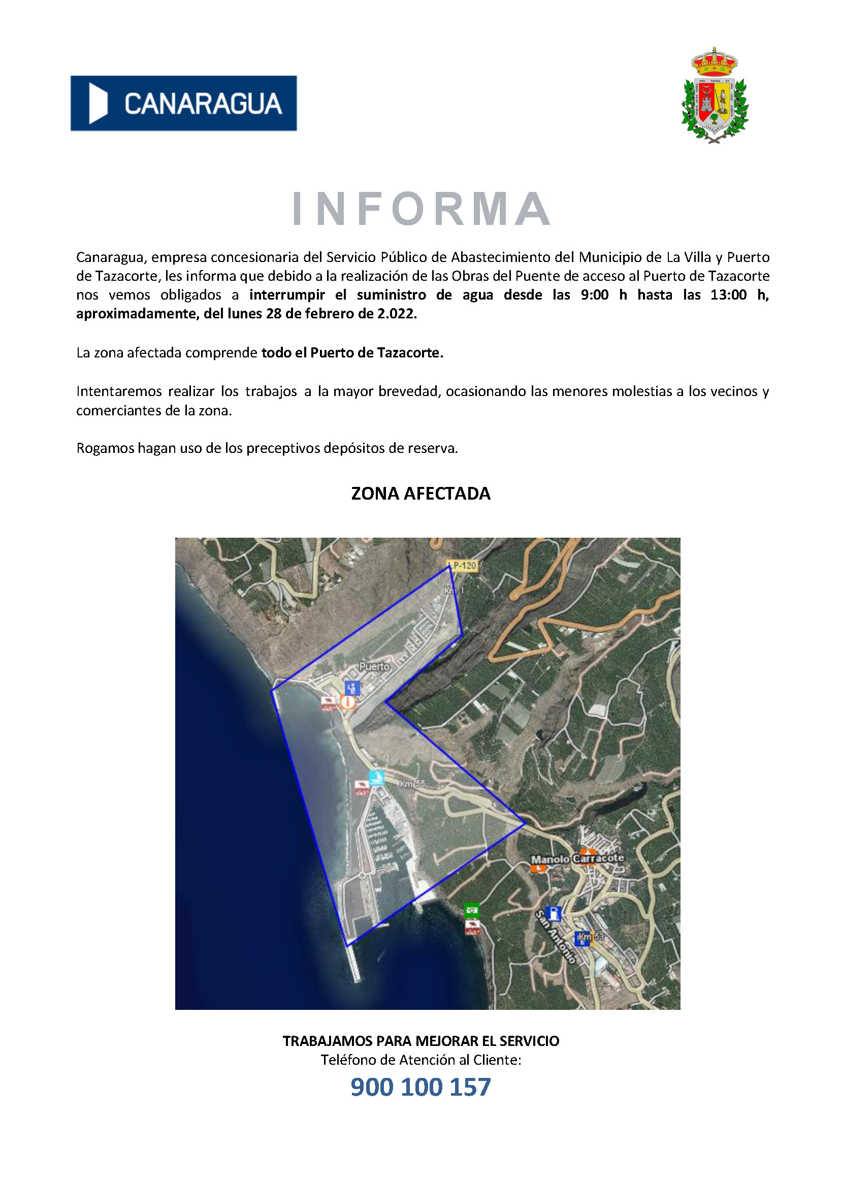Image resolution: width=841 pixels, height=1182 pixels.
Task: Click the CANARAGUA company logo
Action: [183, 103]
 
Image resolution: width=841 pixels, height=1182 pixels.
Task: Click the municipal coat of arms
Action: [714, 96]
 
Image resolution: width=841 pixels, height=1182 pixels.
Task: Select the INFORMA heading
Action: [421, 209]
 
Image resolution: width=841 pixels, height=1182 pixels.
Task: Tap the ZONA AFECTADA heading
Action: [421, 494]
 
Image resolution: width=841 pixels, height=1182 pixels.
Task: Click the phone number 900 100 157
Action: [421, 1087]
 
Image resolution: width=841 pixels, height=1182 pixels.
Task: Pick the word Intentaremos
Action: [119, 391]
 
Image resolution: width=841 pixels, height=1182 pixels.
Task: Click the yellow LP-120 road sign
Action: [463, 566]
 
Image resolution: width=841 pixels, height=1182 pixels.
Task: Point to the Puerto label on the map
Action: [374, 666]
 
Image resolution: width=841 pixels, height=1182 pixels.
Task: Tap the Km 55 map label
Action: [412, 783]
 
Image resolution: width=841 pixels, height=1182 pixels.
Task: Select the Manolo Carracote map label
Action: [577, 858]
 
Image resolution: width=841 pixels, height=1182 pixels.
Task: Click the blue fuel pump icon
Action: [554, 913]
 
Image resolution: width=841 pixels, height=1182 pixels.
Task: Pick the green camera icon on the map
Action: [471, 909]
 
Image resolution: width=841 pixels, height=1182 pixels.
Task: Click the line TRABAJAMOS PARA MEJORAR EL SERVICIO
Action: [421, 1041]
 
